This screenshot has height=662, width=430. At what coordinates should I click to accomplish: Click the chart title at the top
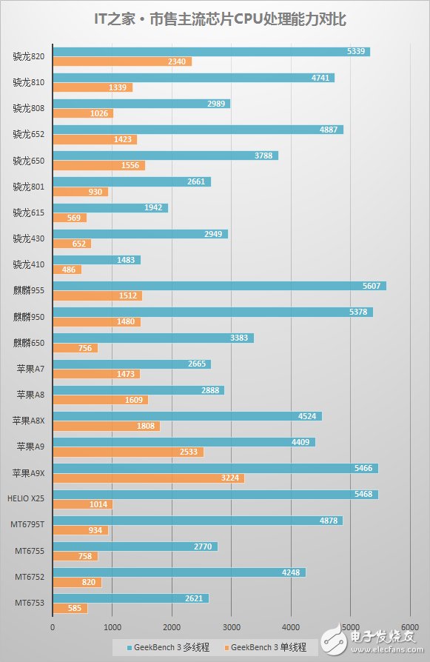pyautogui.click(x=215, y=19)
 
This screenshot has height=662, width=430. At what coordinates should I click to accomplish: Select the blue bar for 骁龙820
pyautogui.click(x=211, y=51)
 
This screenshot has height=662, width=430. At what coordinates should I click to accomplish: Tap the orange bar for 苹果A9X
pyautogui.click(x=148, y=478)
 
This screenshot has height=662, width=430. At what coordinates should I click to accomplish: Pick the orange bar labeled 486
pyautogui.click(x=67, y=270)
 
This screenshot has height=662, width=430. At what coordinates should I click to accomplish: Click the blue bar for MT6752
pyautogui.click(x=178, y=572)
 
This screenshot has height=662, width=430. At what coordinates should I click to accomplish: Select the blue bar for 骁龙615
pyautogui.click(x=110, y=207)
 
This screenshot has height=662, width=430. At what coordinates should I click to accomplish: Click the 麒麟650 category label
pyautogui.click(x=27, y=343)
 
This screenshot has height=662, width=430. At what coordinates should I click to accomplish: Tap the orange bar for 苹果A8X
pyautogui.click(x=106, y=427)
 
